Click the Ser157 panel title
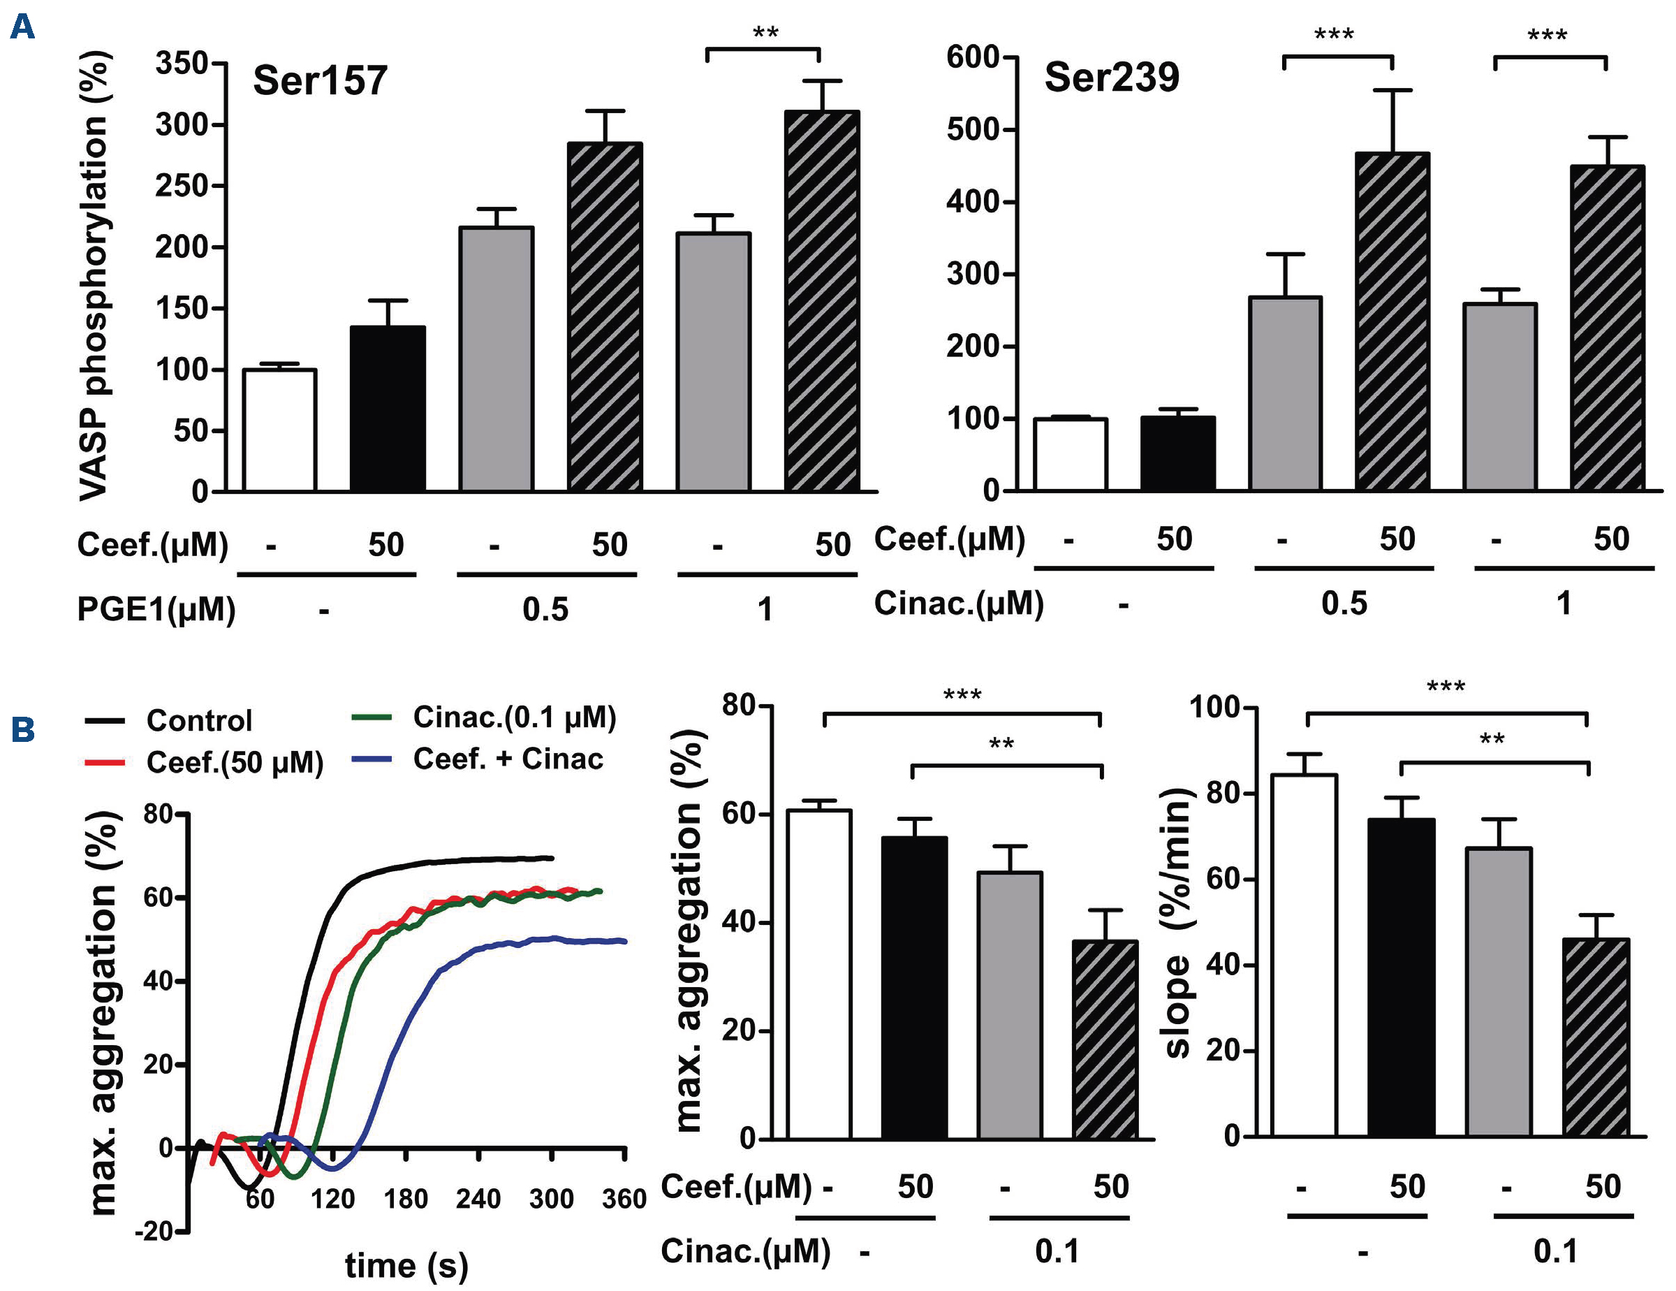click(x=320, y=80)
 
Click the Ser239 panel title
click(x=1111, y=78)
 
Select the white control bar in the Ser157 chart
click(x=279, y=430)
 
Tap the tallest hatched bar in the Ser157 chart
click(x=822, y=301)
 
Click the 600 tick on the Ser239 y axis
click(x=973, y=57)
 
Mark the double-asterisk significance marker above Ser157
click(x=765, y=34)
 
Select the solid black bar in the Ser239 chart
click(x=1177, y=453)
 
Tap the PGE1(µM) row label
click(x=156, y=609)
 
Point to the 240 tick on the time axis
click(x=478, y=1199)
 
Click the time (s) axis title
click(x=406, y=1265)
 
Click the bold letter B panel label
click(x=23, y=729)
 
